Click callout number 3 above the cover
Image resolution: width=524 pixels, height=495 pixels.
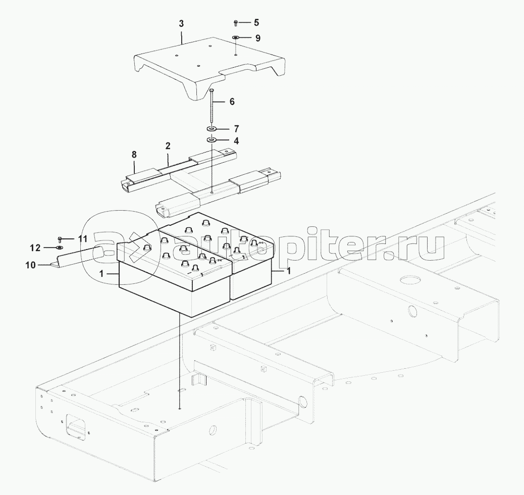point(181,24)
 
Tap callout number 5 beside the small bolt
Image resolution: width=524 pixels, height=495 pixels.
point(256,23)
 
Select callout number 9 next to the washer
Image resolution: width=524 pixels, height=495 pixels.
point(257,38)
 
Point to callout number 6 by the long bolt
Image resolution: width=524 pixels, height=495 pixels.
point(232,102)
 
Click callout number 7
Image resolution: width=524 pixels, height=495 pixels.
point(236,128)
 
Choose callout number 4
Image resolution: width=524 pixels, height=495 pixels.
point(236,141)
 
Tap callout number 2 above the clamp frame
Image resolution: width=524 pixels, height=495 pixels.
point(168,146)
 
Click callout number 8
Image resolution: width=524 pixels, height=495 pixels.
point(134,155)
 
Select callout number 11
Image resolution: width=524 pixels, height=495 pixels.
point(83,239)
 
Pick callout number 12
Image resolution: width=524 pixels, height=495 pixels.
point(35,248)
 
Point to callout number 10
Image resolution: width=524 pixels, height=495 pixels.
point(30,265)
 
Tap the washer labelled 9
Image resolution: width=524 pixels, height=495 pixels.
point(236,37)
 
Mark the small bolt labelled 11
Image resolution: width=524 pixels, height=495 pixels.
point(60,239)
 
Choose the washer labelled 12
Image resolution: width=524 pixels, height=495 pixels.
point(60,247)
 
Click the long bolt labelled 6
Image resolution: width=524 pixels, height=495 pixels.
point(212,107)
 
